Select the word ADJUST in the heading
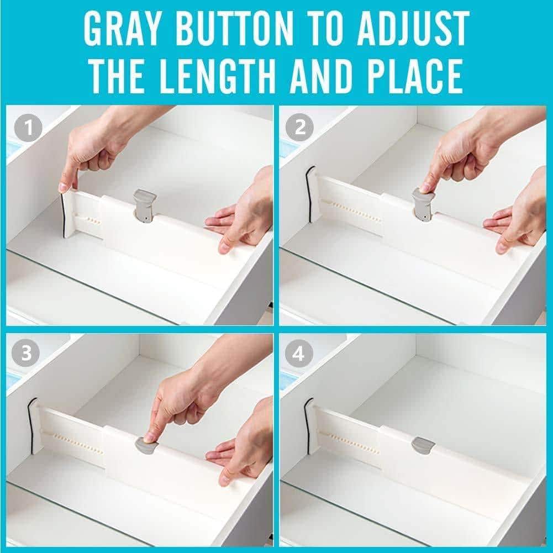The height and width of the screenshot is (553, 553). click(413, 28)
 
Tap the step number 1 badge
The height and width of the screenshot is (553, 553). click(29, 128)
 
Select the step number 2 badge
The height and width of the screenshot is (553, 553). click(300, 127)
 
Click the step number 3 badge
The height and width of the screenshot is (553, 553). click(26, 352)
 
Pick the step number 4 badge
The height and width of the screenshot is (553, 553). click(299, 352)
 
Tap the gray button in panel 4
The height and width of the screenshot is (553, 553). click(422, 446)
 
